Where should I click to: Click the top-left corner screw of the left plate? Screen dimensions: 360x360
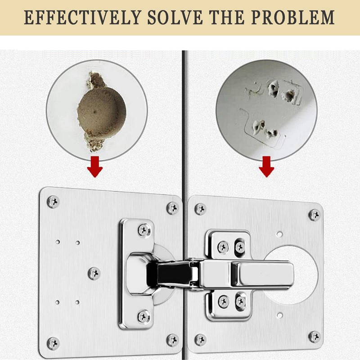click(x=54, y=201)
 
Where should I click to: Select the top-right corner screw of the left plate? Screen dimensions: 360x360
click(x=172, y=207)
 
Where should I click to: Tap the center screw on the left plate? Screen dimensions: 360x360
click(x=94, y=273)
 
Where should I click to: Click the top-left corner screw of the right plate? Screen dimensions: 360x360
click(x=200, y=208)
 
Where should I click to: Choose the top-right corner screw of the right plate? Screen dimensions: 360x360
click(x=314, y=214)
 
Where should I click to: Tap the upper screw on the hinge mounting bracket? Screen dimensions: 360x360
click(x=144, y=230)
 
